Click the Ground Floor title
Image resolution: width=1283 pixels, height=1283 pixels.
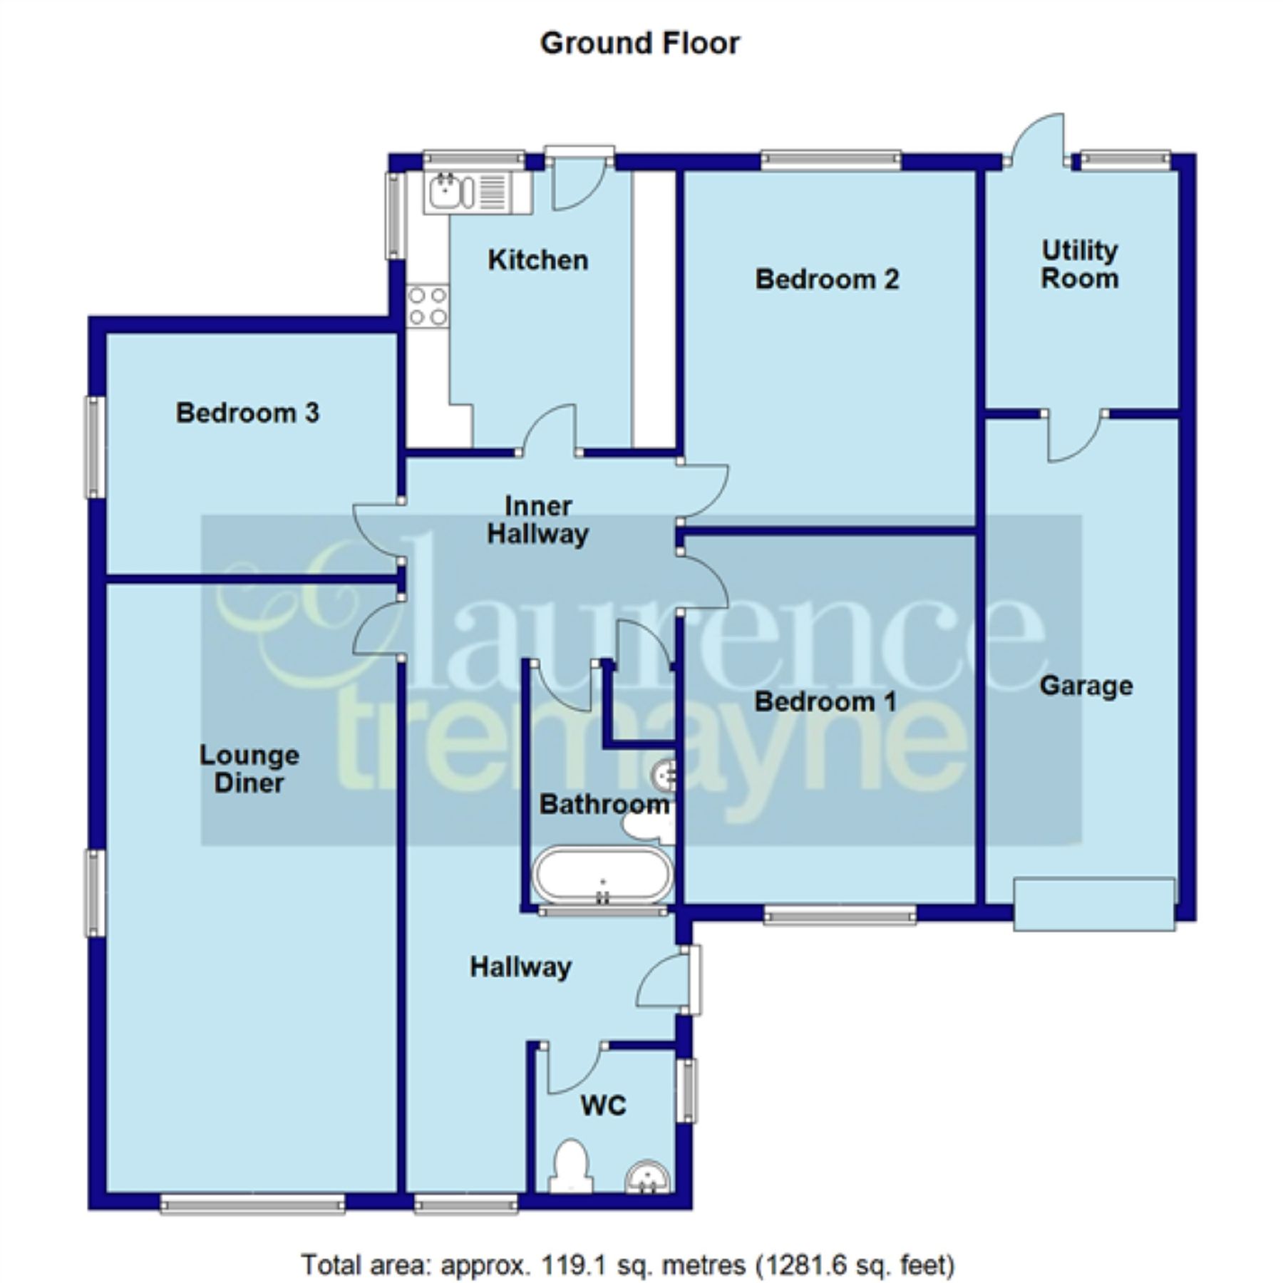[639, 43]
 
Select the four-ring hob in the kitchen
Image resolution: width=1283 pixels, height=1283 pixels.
[427, 305]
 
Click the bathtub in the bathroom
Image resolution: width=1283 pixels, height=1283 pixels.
[602, 875]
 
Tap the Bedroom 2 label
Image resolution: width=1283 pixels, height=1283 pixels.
[827, 279]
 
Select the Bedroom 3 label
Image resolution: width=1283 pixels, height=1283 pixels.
[247, 413]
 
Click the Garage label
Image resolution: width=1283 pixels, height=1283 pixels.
[1086, 686]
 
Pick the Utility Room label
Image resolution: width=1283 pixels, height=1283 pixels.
[1079, 264]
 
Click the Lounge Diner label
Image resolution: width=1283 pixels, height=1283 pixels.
[249, 769]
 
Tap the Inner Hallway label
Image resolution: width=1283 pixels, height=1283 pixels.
[537, 520]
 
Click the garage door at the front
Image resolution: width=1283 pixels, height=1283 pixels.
[1093, 904]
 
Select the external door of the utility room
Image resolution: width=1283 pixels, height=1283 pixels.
[1037, 143]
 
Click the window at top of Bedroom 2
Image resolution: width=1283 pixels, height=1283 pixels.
[830, 160]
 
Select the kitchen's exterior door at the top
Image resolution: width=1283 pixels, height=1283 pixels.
[578, 178]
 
